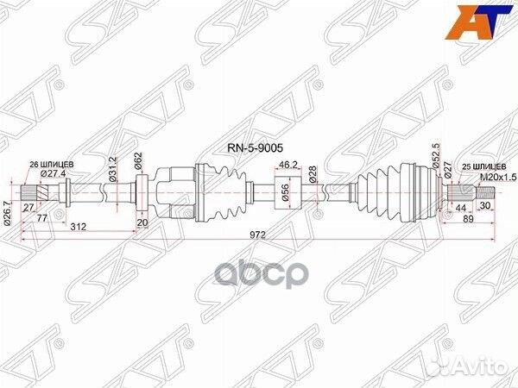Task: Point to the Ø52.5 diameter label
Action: click(436, 160)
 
